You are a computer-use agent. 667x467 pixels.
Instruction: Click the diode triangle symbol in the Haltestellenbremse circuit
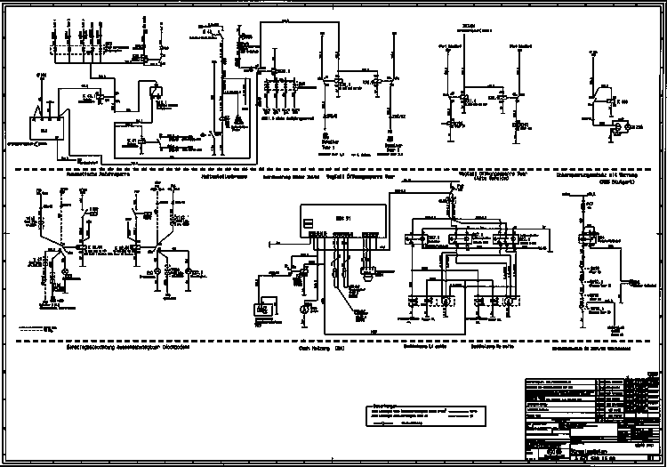(238, 120)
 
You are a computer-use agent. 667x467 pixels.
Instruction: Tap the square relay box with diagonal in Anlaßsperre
(156, 90)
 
